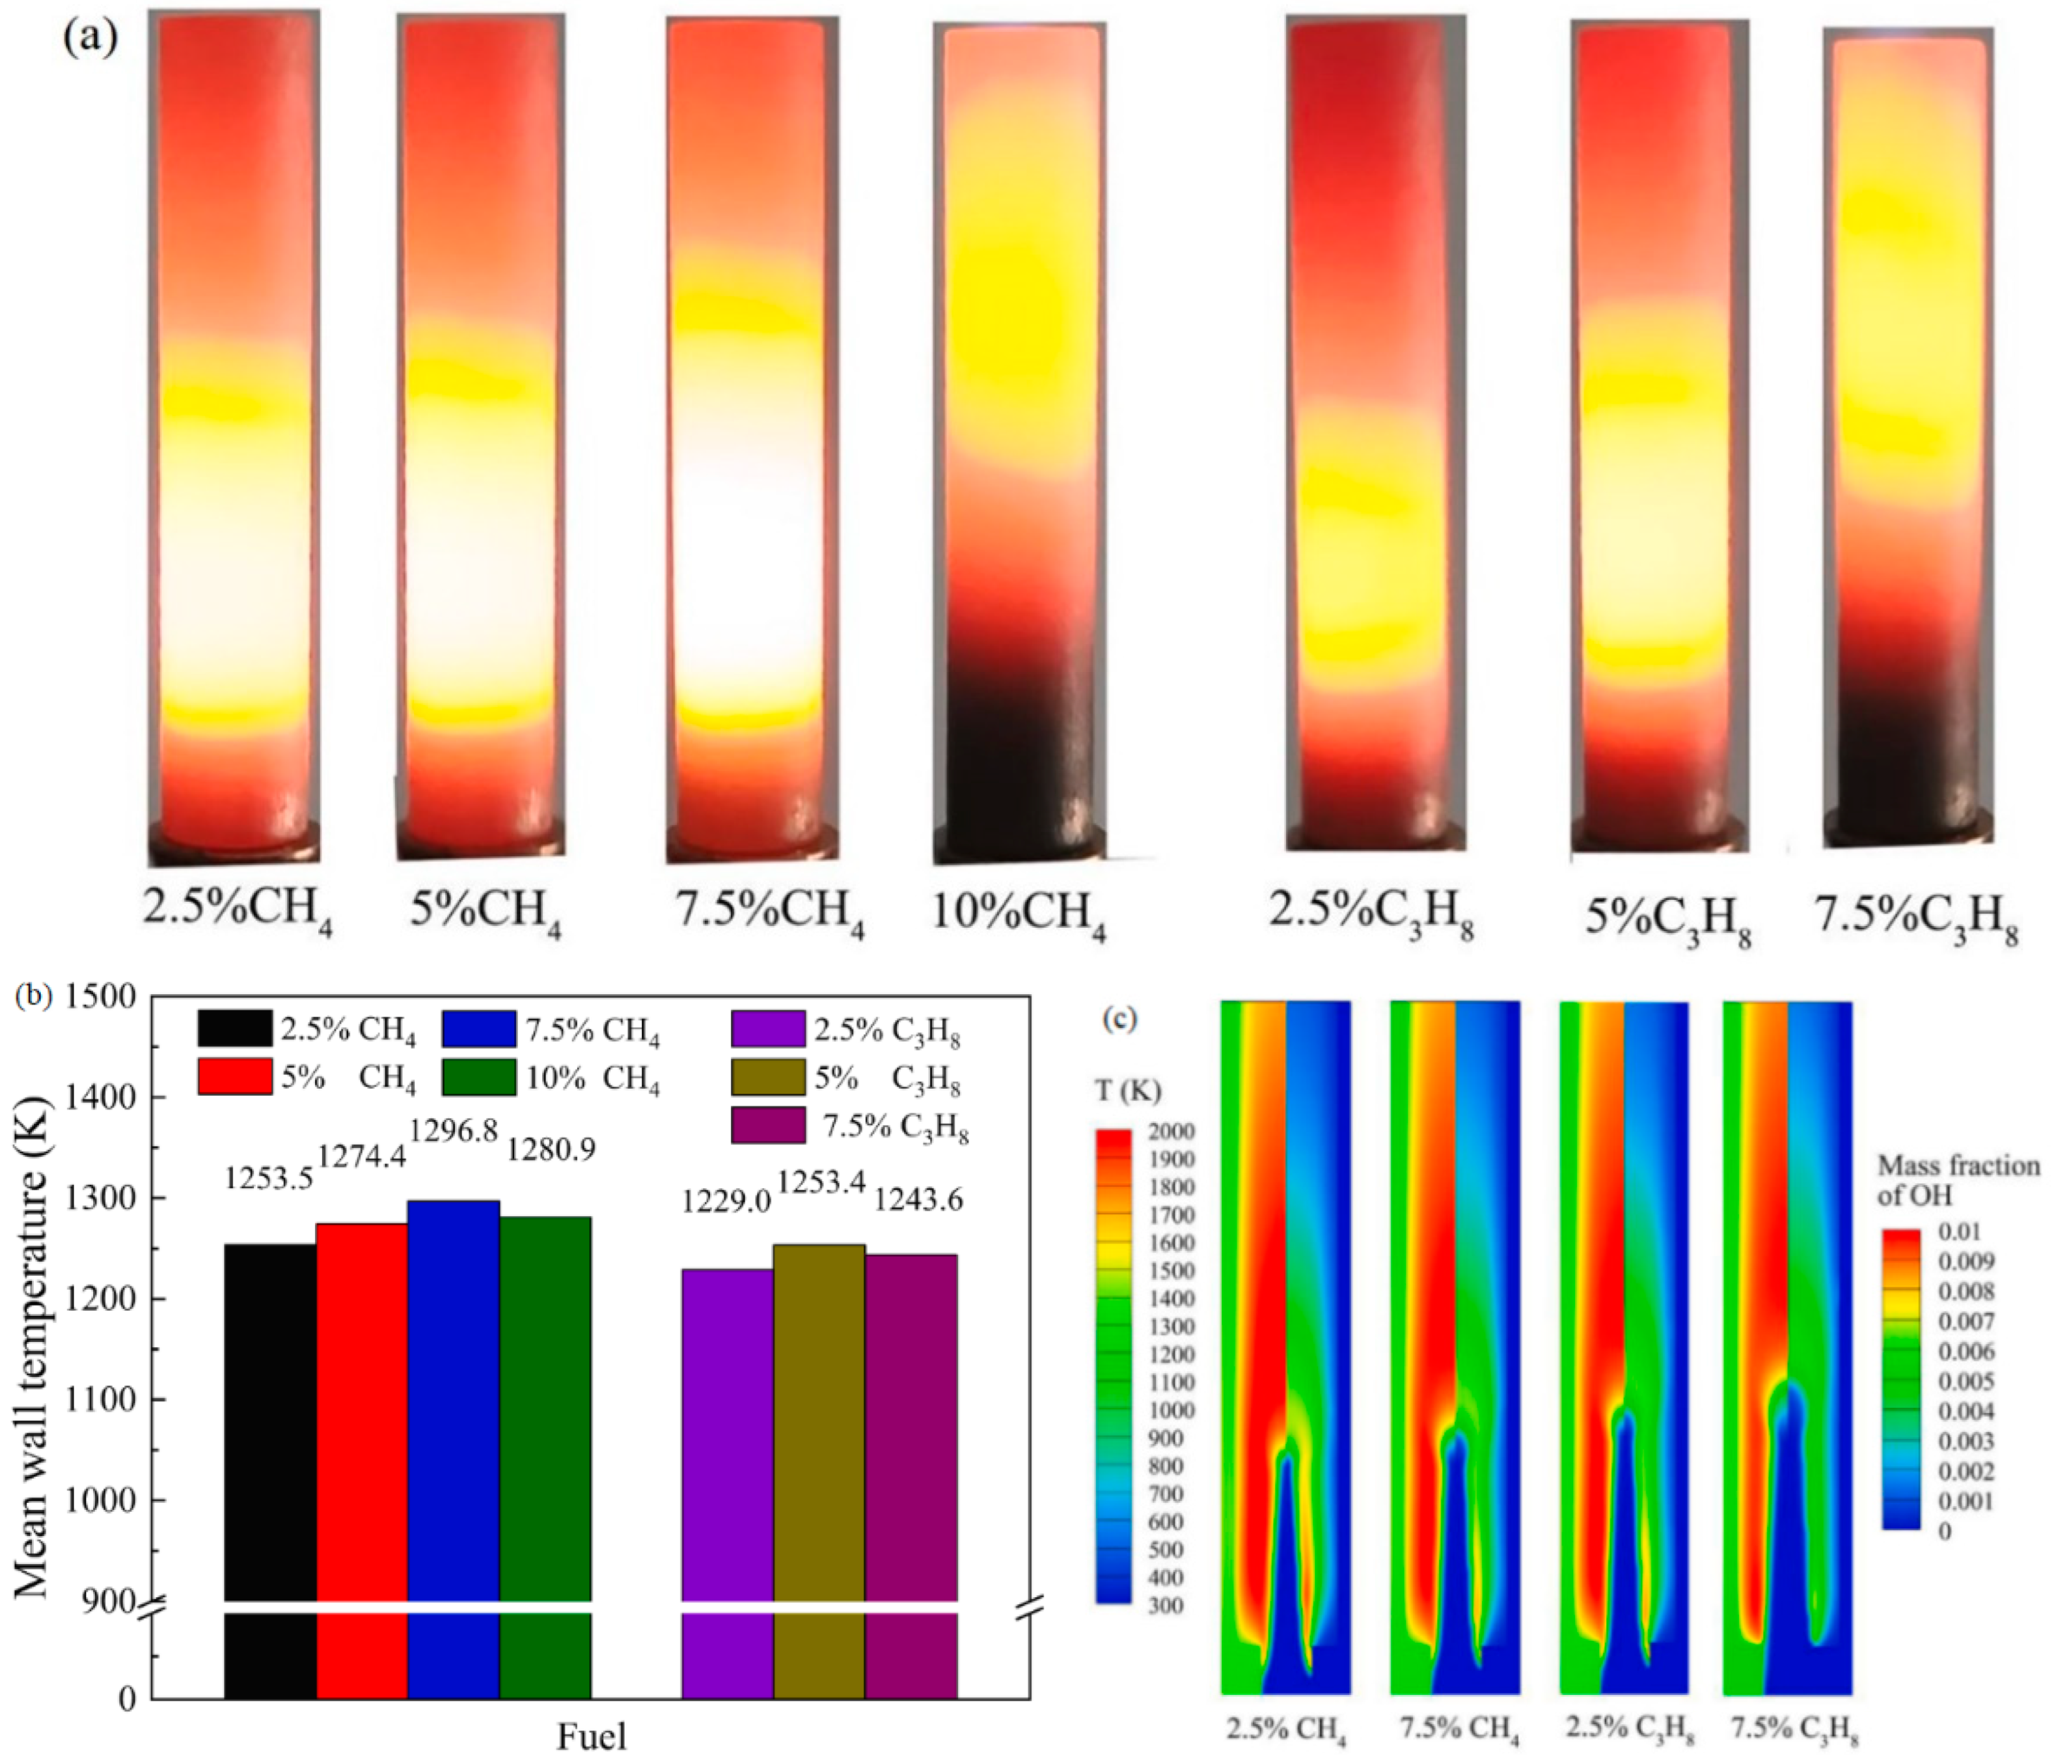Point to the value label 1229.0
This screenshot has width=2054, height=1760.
pyautogui.click(x=726, y=1202)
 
